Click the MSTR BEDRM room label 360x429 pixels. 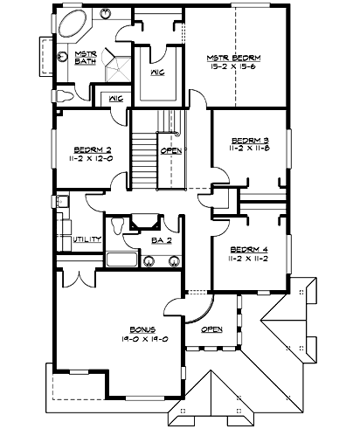[x=233, y=55]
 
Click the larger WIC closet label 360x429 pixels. [x=158, y=73]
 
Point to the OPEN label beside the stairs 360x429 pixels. [x=171, y=150]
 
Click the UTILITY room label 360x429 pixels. [x=88, y=239]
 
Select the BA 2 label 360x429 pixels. [x=160, y=239]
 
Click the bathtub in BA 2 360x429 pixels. [x=121, y=259]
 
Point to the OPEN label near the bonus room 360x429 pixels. [x=212, y=329]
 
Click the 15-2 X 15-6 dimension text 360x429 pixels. [x=233, y=66]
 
